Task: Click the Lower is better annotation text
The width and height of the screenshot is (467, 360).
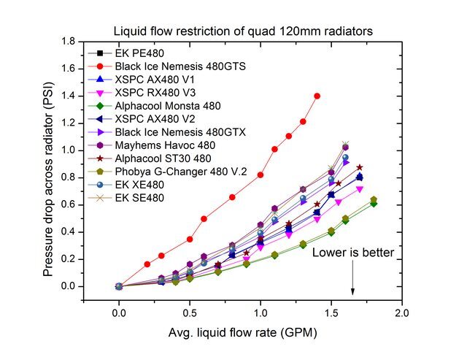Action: [353, 253]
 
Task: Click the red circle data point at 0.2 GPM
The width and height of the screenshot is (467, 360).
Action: [147, 264]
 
